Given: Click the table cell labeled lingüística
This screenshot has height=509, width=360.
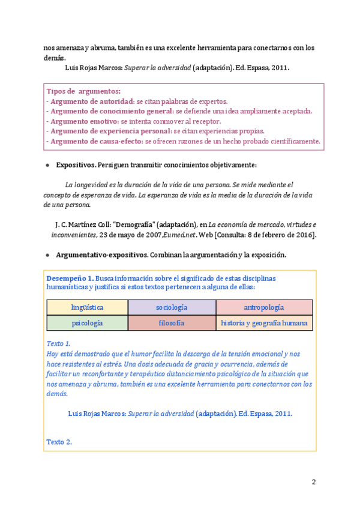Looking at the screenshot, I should coord(87,307).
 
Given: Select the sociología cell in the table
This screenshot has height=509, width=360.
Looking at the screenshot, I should coord(172,307).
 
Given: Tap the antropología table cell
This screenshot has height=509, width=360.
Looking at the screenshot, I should coord(264,307).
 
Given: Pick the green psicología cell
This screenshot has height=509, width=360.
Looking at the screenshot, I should coord(87,323).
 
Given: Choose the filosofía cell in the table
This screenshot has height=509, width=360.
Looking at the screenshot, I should coord(172,323).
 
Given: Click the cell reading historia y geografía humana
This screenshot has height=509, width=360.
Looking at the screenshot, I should coord(264,323).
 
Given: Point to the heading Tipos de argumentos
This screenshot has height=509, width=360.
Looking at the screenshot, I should coord(83,91).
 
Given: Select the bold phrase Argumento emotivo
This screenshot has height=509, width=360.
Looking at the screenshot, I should coord(84,121).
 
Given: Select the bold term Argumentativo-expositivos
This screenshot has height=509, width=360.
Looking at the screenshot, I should coord(102,255).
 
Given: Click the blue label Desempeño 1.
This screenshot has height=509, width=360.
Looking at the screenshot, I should coord(70,279).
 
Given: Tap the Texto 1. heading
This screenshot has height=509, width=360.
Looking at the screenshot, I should coord(58,343).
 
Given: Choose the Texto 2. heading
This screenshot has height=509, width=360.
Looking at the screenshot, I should coord(59,442).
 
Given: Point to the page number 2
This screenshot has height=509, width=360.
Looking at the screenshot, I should coord(313,482).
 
